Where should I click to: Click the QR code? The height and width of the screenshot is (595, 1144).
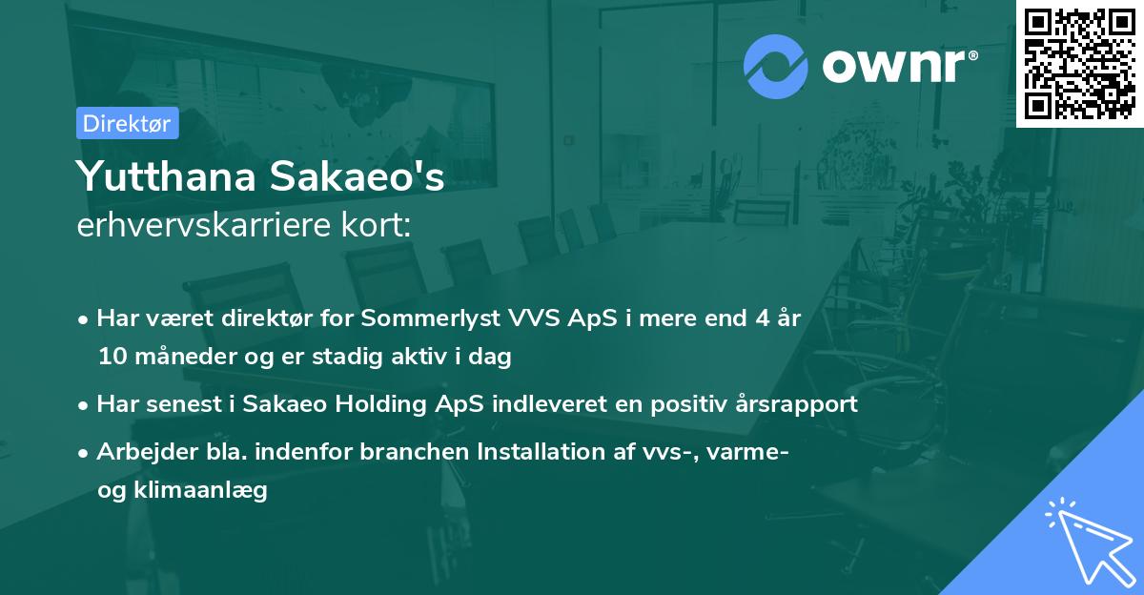(1080, 64)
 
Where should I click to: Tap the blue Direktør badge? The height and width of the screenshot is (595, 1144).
(127, 123)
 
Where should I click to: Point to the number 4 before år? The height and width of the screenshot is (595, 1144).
(762, 318)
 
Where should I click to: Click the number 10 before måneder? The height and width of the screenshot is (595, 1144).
(111, 357)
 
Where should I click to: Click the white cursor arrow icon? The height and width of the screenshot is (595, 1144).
(1086, 538)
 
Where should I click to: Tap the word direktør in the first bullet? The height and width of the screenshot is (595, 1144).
(284, 318)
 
